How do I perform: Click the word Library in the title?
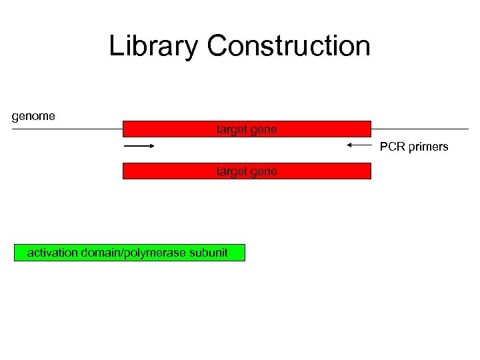pyautogui.click(x=153, y=47)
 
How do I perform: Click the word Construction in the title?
pyautogui.click(x=288, y=47)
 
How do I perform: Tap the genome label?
pyautogui.click(x=33, y=116)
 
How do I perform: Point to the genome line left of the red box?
pyautogui.click(x=67, y=129)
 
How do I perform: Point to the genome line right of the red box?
pyautogui.click(x=420, y=129)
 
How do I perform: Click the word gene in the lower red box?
pyautogui.click(x=264, y=172)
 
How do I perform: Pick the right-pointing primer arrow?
pyautogui.click(x=139, y=145)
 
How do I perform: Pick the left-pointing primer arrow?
pyautogui.click(x=358, y=145)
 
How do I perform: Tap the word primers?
pyautogui.click(x=428, y=147)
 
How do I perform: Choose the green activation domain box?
pyautogui.click(x=129, y=253)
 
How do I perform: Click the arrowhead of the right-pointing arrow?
pyautogui.click(x=151, y=145)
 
